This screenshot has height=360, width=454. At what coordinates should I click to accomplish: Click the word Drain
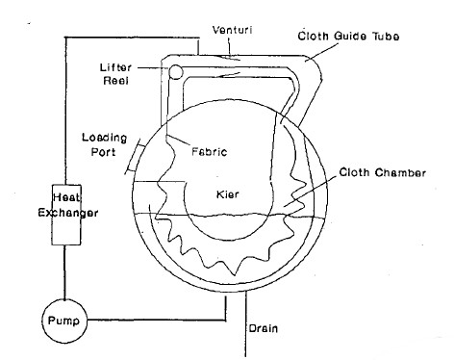coord(263,326)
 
